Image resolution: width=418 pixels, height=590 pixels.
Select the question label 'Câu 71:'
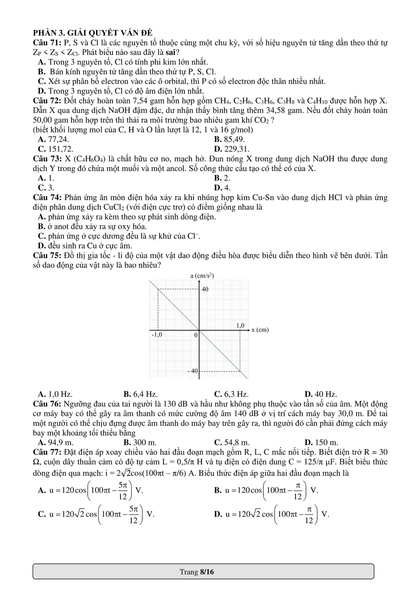(47, 43)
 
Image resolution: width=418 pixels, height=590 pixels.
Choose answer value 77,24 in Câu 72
(59, 139)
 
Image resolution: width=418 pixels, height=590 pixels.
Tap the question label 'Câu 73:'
(47, 159)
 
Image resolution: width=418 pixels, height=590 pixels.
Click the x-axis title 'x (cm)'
(260, 330)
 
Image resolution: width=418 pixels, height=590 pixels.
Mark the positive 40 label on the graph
(205, 289)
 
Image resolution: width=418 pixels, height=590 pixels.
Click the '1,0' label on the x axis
(240, 325)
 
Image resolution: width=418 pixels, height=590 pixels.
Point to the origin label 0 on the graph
(195, 335)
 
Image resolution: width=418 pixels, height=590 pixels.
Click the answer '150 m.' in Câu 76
(326, 442)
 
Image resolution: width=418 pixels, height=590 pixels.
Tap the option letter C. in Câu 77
(42, 514)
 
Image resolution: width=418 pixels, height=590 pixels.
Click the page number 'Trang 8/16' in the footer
(196, 572)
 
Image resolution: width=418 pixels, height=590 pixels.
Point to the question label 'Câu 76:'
(47, 404)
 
